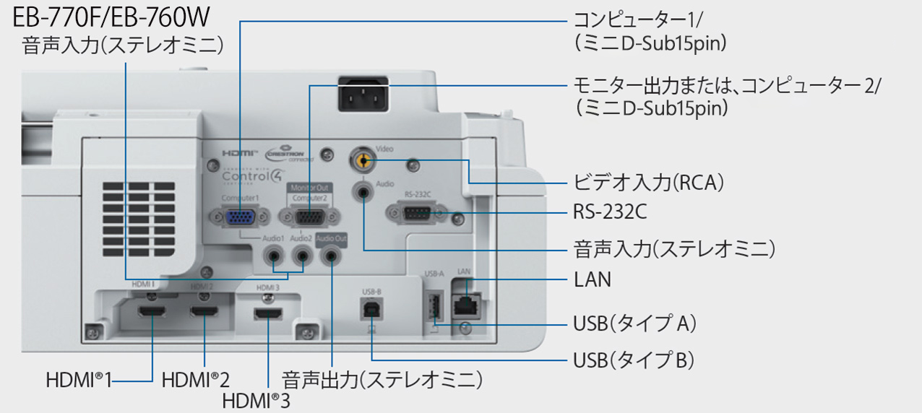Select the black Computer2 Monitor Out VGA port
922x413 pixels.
309,218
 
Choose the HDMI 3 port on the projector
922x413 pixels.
269,316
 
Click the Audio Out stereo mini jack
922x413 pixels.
331,255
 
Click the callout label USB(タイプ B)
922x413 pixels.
633,359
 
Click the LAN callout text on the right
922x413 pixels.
592,279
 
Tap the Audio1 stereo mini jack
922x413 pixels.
274,255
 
